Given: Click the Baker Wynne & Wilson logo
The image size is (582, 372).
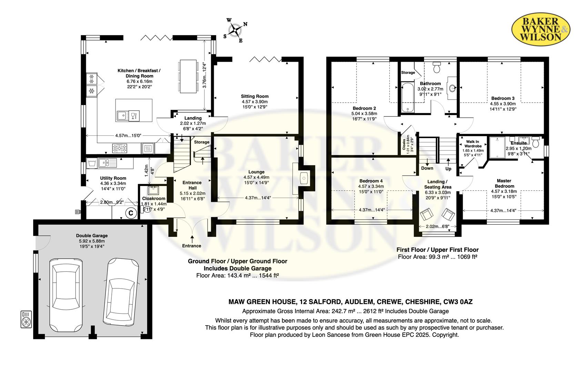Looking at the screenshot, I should [x=541, y=30].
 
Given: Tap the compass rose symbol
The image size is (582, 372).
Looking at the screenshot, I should [x=236, y=30].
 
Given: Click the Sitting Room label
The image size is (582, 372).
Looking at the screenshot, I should [x=254, y=96].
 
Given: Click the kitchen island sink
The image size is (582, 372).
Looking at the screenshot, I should [x=121, y=116].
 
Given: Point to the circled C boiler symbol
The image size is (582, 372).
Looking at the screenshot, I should [x=131, y=214].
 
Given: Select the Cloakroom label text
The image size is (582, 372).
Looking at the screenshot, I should [x=154, y=199].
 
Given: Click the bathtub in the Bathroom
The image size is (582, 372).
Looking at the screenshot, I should [x=408, y=97].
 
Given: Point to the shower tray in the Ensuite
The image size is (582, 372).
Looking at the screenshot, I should [x=497, y=147].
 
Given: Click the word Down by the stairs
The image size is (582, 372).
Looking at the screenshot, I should [x=427, y=168].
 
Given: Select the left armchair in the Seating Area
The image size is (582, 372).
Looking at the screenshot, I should [x=426, y=215].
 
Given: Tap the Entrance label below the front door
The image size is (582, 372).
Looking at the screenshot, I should [x=191, y=246].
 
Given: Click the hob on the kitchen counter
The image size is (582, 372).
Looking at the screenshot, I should [x=120, y=148].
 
